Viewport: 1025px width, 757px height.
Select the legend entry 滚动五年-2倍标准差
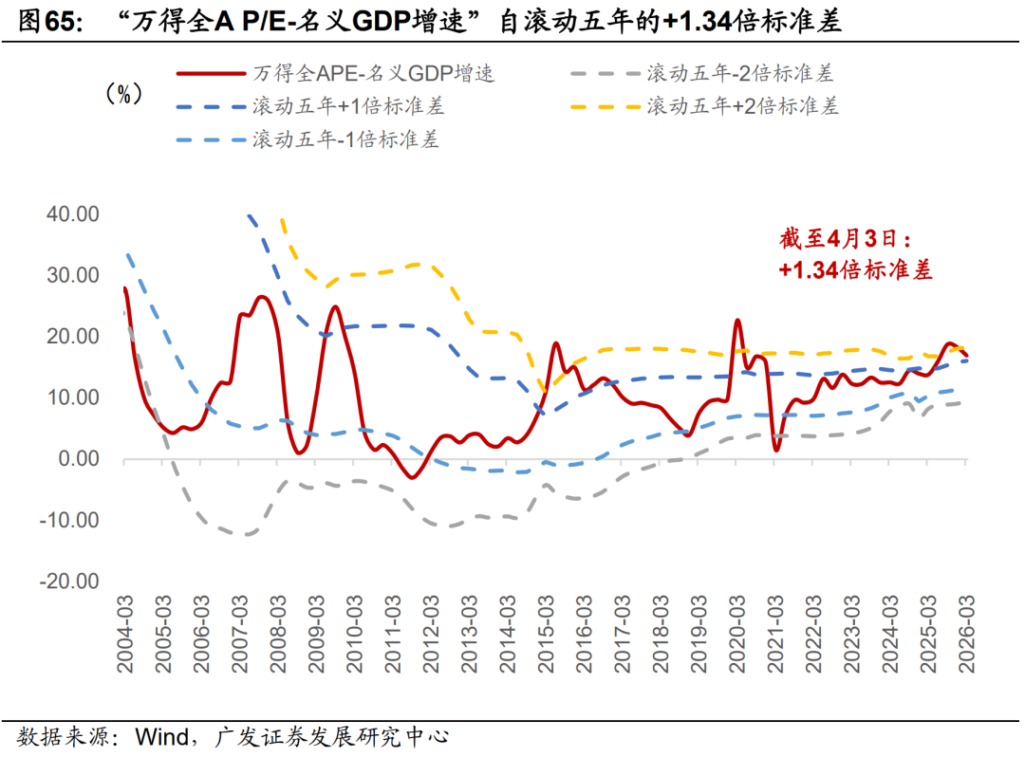(x=739, y=73)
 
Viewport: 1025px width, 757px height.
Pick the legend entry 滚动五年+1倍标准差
(x=347, y=106)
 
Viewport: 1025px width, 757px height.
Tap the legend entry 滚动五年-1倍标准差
(x=345, y=139)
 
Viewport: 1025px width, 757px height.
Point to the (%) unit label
(x=122, y=94)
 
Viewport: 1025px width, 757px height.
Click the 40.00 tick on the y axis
(x=73, y=214)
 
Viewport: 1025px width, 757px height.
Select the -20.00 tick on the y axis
(x=69, y=582)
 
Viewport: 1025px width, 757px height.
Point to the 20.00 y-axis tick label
(x=73, y=337)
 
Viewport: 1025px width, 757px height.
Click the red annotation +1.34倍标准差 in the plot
(x=855, y=270)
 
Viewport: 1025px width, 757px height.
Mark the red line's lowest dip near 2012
(x=411, y=477)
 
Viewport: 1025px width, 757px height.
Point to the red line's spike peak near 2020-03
(x=737, y=321)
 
